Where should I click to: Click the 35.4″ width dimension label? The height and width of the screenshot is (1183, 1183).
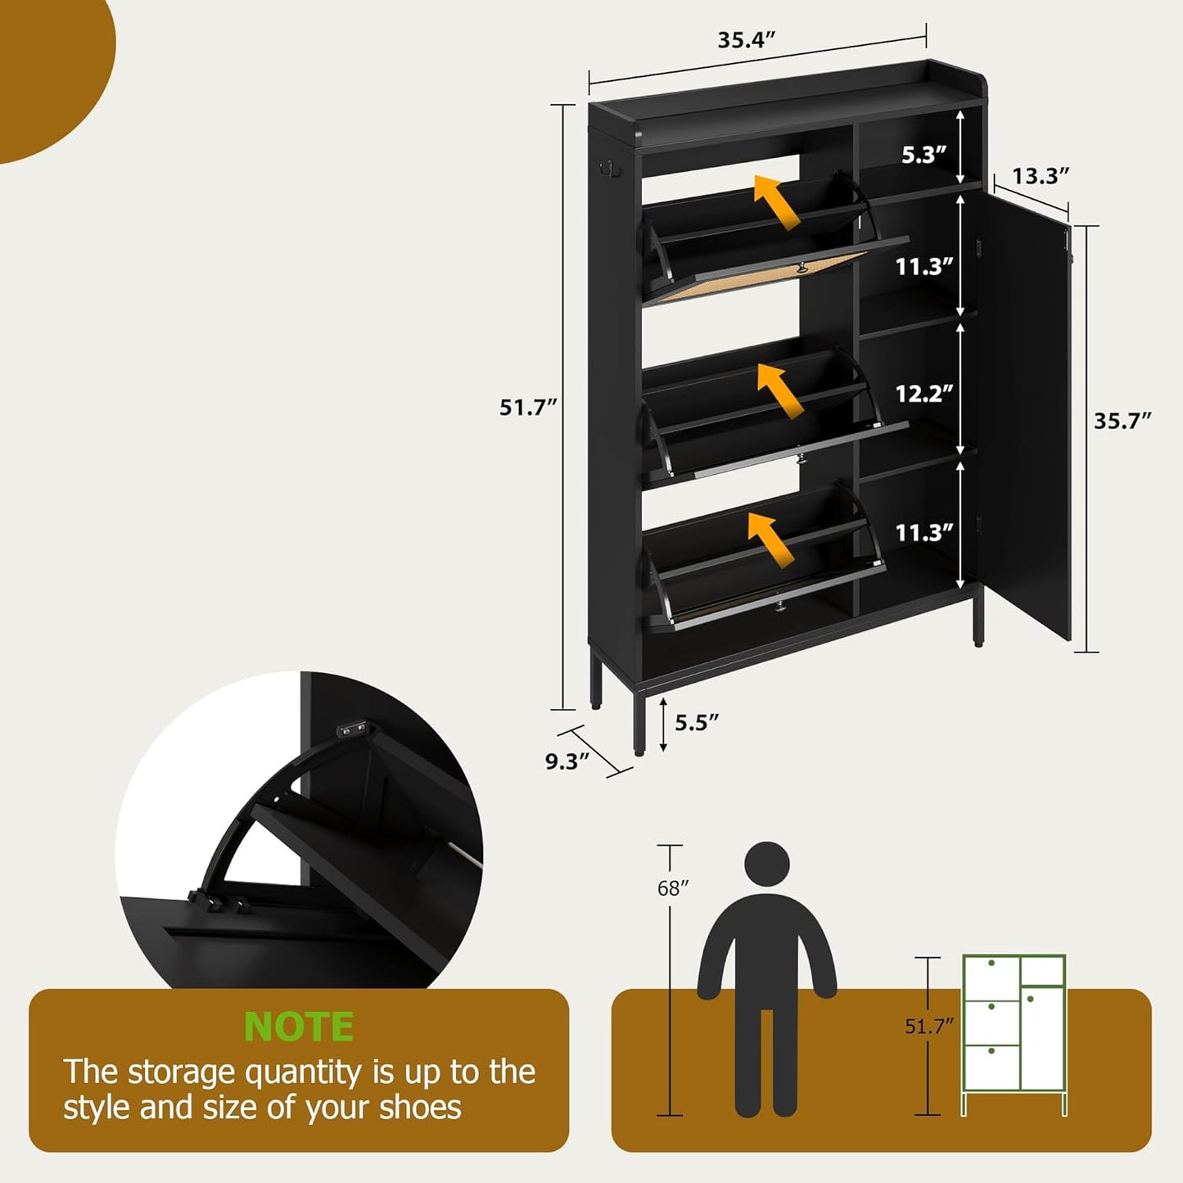point(746,40)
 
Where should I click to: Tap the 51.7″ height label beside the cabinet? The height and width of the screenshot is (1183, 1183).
point(528,407)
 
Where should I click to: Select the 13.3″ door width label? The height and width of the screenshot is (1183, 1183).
point(1041,176)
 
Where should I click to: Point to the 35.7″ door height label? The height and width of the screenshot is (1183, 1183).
point(1122,421)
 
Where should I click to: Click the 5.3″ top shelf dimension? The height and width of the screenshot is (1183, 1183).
point(923,155)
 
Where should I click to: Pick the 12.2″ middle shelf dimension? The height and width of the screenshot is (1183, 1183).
point(923,394)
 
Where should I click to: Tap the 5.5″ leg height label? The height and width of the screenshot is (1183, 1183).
point(696,722)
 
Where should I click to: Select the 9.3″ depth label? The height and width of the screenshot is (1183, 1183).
point(567,761)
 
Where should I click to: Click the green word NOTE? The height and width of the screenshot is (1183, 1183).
point(299,1027)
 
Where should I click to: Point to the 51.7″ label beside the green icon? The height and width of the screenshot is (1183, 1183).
point(929,1026)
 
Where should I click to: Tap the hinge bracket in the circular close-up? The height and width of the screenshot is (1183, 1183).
point(354,726)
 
